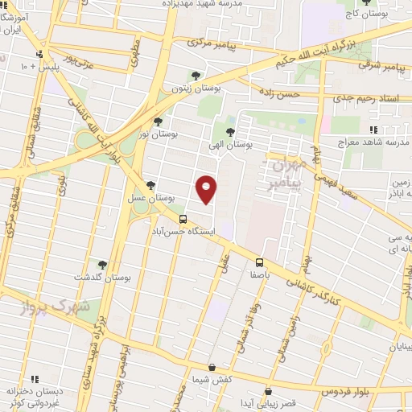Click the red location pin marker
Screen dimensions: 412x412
207,190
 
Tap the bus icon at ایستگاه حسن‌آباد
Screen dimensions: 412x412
183,218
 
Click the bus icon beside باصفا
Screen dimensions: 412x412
259,262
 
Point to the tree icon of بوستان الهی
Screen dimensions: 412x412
230,131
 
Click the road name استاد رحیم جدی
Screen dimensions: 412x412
361,97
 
